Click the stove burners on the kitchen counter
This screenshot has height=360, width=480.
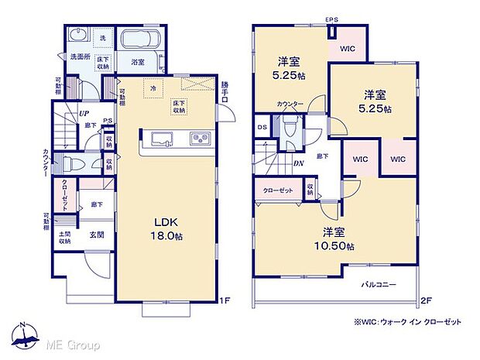[x=199, y=139]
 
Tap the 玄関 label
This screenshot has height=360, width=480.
[x=96, y=235]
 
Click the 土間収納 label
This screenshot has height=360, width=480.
[x=64, y=238]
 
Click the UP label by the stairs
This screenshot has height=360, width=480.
[x=81, y=114]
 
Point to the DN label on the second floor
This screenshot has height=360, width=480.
[x=297, y=163]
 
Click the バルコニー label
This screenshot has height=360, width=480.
[x=379, y=285]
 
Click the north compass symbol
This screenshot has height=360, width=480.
[x=26, y=335]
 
